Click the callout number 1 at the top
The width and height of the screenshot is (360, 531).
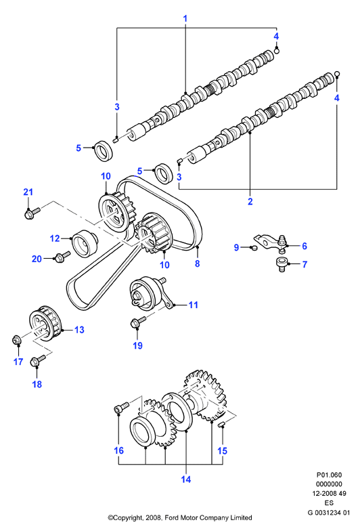tap(185, 19)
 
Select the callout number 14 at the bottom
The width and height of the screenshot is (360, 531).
tap(186, 480)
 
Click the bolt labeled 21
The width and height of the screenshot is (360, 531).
tap(32, 213)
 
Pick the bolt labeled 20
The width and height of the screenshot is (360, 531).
tap(62, 257)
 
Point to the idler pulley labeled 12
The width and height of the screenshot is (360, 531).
tap(85, 242)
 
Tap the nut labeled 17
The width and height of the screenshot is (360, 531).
tap(16, 340)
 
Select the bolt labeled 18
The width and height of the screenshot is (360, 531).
tap(38, 360)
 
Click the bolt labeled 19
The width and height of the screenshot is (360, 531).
tap(138, 322)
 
